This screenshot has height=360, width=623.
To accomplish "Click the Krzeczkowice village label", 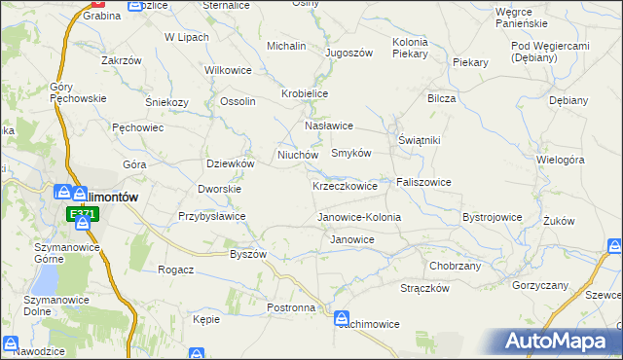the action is pos(345,186).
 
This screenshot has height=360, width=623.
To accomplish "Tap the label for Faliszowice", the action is pos(423,182).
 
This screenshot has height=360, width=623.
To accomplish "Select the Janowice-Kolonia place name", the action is pos(359,217).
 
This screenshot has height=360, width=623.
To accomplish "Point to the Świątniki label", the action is pos(420,140).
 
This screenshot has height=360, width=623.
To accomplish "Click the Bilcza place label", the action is pos(441,98).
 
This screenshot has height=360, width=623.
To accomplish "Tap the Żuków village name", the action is pos(559,221).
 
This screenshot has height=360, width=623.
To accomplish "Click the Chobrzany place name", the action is pos(456,265).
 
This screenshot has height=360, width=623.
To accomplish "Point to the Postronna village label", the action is pos(291,307).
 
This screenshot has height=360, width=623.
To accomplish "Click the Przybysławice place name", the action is pos(212,216).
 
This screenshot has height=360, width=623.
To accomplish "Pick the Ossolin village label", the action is pos(238,101).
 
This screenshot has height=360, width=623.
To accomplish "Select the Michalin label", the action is pos(286,46).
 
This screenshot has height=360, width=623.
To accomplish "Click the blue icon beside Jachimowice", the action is pos(342,317).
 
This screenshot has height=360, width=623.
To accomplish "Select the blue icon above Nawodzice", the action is pos(11,344).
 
